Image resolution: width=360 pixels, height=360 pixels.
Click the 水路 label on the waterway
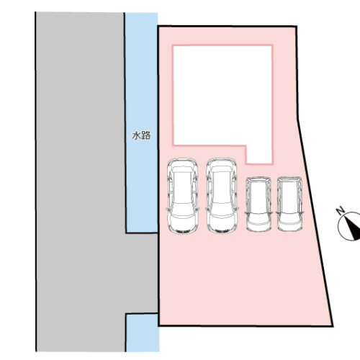pyautogui.click(x=141, y=135)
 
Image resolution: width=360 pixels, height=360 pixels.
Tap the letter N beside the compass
pyautogui.click(x=341, y=211)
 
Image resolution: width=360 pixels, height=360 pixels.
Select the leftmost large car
pyautogui.click(x=183, y=196)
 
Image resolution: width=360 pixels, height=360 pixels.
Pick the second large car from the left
pyautogui.click(x=222, y=196)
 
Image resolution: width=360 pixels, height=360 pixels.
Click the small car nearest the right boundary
pyautogui.click(x=289, y=204)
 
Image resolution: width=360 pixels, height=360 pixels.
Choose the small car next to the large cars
pyautogui.click(x=258, y=204)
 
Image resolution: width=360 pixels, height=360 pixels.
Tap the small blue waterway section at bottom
pyautogui.click(x=143, y=333)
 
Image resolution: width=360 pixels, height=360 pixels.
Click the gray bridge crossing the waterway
pyautogui.click(x=142, y=273)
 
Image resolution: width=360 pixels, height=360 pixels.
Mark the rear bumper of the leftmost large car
pyautogui.click(x=182, y=231)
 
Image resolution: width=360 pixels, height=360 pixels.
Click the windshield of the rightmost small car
pyautogui.click(x=289, y=217)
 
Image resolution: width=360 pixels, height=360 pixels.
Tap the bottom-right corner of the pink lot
pyautogui.click(x=333, y=326)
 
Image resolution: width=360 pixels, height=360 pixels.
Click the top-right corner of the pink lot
pyautogui.click(x=297, y=27)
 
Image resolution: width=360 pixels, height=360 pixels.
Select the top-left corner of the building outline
pyautogui.click(x=173, y=45)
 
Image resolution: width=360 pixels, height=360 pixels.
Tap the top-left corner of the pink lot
pyautogui.click(x=158, y=26)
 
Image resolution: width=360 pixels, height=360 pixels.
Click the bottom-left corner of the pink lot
pyautogui.click(x=159, y=325)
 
